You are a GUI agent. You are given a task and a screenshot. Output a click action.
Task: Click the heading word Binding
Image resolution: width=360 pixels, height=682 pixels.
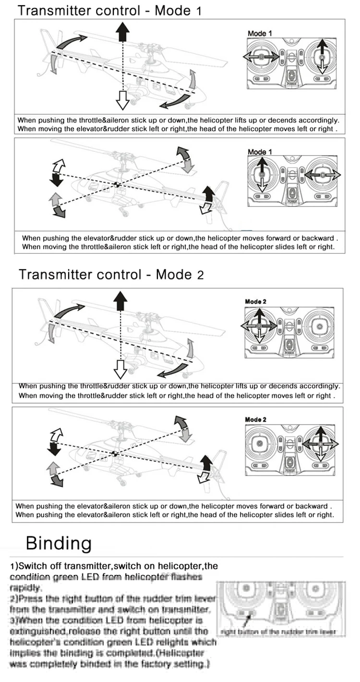click(59, 543)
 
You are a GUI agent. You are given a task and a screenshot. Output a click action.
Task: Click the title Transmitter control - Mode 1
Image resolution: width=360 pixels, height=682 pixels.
click(109, 11)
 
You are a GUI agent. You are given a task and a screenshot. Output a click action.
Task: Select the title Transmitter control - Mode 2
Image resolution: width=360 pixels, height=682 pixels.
click(111, 275)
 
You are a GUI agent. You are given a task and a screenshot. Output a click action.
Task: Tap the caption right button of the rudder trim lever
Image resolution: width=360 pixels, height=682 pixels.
click(279, 632)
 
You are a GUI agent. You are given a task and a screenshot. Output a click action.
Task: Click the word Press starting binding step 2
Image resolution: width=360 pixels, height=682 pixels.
click(31, 598)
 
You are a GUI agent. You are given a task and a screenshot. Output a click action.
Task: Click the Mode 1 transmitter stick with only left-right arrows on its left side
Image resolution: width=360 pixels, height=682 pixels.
click(261, 57)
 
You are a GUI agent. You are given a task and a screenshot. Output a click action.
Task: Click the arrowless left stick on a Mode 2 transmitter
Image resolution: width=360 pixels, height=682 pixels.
click(260, 444)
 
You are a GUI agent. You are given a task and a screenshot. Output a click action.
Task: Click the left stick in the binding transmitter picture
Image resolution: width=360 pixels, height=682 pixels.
click(246, 589)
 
